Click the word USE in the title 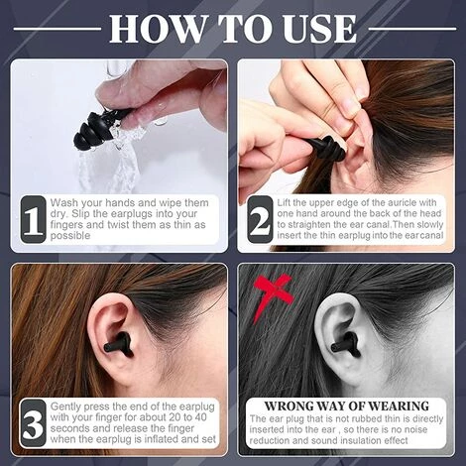[x=318, y=29]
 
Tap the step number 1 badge [x=33, y=219]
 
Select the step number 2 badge [x=260, y=219]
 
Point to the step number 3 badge [x=33, y=423]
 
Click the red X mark [x=273, y=295]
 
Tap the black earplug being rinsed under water [x=94, y=131]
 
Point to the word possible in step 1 [x=70, y=236]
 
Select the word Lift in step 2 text [x=284, y=202]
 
